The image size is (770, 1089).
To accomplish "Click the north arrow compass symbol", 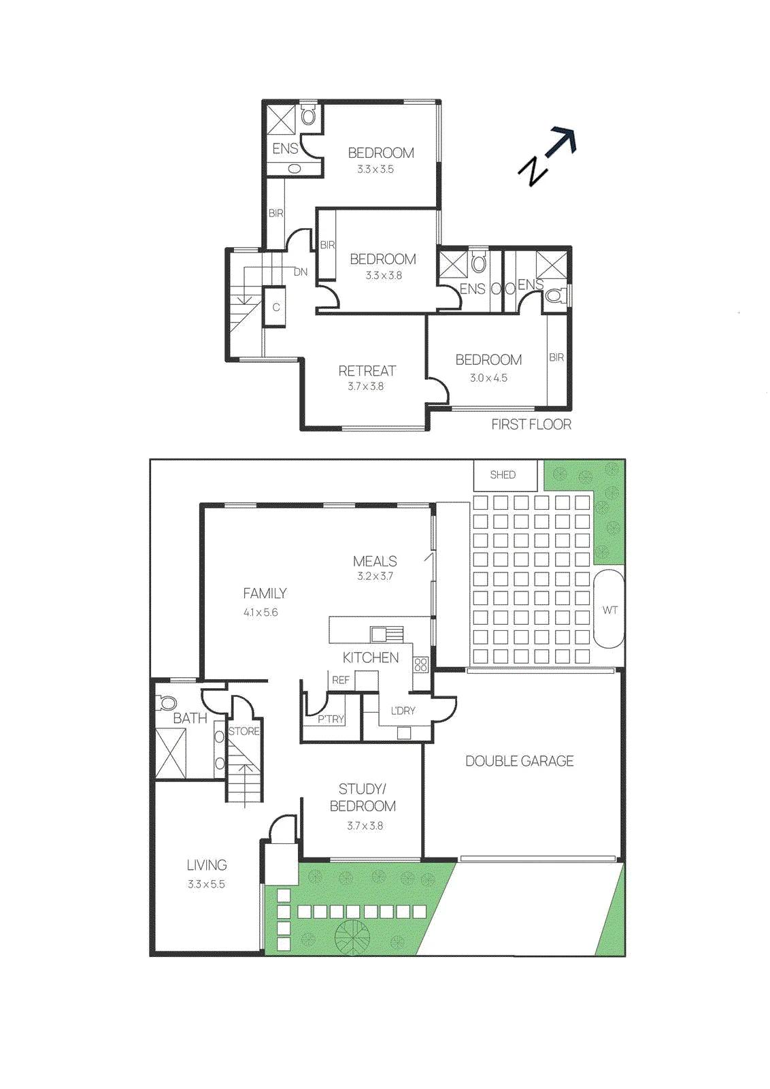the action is pos(548,156).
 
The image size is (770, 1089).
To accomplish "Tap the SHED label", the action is pos(503,475).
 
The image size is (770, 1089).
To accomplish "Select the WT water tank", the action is pos(609,609).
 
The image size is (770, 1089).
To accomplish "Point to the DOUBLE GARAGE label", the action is pos(519,761).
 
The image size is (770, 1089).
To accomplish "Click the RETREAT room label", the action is pos(367,371).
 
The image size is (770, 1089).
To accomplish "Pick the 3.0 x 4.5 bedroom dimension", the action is pos(488,378).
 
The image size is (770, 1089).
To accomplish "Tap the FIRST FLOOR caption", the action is pos(531,425).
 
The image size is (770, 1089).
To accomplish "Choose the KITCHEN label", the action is pos(371,657).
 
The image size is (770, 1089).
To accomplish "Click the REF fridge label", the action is pos(341,680).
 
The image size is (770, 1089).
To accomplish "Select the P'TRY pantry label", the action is pos(331,719).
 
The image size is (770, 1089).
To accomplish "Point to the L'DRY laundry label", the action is pos(403,711).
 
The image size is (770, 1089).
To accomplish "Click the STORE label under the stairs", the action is pos(244,731).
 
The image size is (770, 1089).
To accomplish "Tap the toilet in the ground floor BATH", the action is pos(166,702).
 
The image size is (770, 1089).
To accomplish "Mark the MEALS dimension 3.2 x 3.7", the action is pos(375,576).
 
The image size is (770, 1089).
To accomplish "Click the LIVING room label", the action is pos(207,865).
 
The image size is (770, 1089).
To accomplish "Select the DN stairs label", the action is pos(301,272).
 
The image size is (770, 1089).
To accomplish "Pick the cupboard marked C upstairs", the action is pos(276,307).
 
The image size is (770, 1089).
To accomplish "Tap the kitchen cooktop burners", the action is pos(420,665).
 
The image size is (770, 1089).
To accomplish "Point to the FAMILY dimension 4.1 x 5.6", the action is pos(261,613).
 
